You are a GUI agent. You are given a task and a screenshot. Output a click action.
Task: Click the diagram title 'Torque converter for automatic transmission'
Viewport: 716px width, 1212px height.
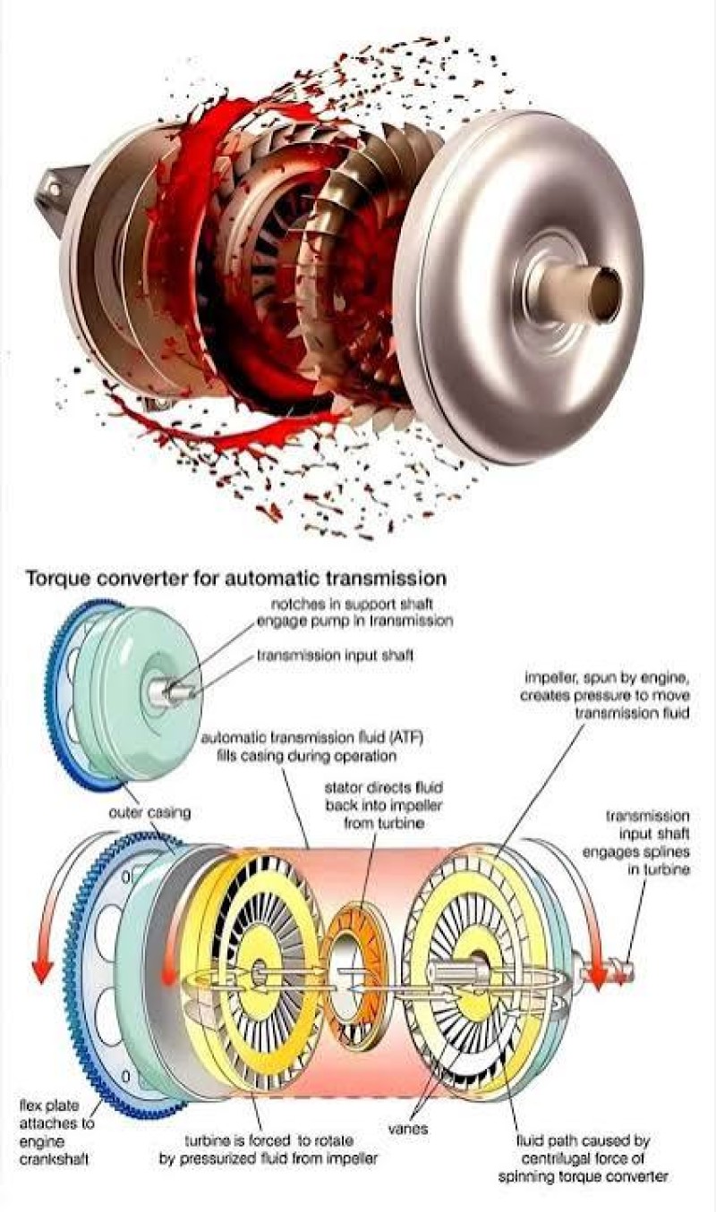[x=236, y=579]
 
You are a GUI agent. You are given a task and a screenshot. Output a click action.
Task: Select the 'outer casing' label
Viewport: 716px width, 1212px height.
[x=149, y=813]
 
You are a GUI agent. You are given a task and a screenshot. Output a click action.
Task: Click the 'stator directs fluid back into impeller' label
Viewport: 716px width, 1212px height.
[x=384, y=805]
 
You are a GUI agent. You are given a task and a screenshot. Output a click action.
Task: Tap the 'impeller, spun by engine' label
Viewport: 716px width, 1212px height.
[x=605, y=695]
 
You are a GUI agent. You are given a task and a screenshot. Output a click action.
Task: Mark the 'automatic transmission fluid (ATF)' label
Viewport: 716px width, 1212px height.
[x=311, y=746]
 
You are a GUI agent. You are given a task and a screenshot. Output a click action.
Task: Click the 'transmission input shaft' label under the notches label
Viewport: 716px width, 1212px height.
[x=335, y=656]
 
